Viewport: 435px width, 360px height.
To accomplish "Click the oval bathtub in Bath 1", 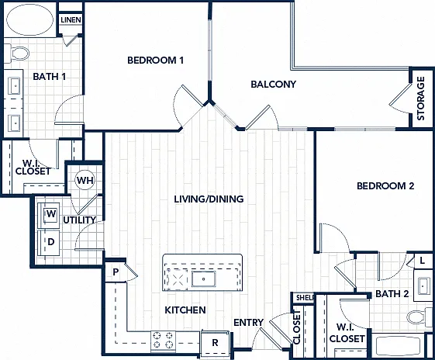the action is tap(29, 19).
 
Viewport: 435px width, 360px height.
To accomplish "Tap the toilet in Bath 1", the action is tap(17, 53).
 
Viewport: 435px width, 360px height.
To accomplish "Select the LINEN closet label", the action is tap(71, 19).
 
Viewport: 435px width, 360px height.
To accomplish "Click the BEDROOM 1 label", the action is tap(155, 61).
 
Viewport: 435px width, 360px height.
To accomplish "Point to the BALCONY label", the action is tap(273, 84).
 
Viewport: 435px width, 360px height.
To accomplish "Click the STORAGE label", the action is tap(421, 99).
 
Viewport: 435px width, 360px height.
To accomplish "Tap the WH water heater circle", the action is tap(85, 180).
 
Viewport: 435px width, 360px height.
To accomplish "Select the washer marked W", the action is tap(49, 214).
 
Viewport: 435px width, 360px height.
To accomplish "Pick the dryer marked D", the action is tap(49, 242).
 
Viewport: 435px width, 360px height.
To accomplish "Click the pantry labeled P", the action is tap(116, 272).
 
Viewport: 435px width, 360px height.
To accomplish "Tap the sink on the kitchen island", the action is tap(204, 279).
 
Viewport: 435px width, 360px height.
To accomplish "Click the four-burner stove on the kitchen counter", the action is tap(163, 341).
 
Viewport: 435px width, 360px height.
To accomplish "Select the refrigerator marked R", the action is tap(215, 343).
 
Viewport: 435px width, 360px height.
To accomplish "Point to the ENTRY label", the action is tap(249, 323).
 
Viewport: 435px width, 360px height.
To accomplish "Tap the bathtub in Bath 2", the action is tap(398, 345).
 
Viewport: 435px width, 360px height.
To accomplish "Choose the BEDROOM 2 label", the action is tap(385, 185).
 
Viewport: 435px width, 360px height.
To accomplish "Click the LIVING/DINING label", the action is tap(209, 199).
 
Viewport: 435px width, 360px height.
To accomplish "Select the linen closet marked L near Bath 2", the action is tap(423, 261).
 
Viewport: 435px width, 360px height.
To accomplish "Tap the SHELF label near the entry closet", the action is tap(305, 298).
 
